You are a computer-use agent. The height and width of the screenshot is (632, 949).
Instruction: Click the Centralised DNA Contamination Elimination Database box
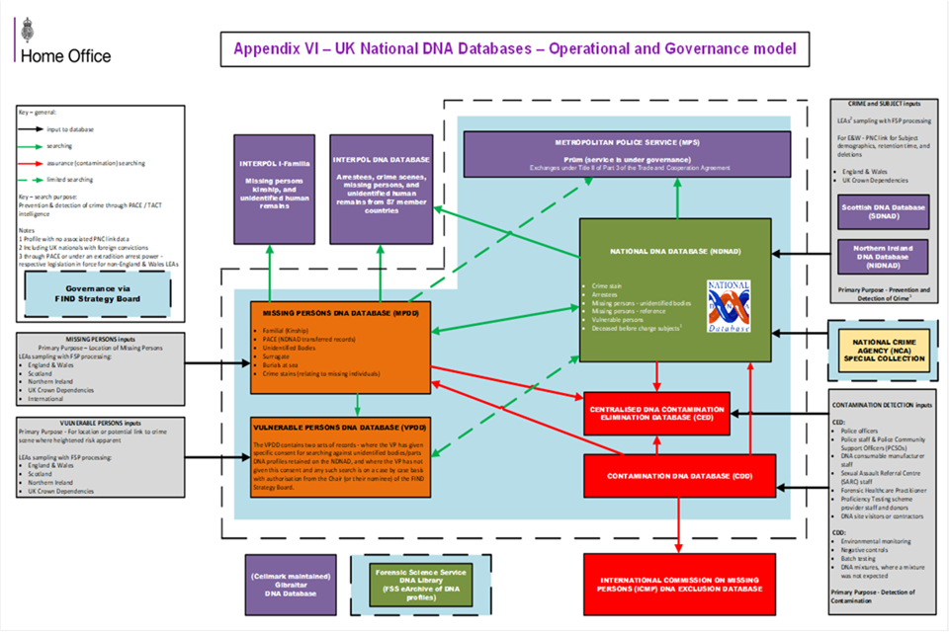(x=657, y=414)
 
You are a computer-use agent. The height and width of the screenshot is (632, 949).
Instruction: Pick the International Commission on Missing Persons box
(x=681, y=583)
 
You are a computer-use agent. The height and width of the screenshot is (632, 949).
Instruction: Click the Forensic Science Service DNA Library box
(x=406, y=585)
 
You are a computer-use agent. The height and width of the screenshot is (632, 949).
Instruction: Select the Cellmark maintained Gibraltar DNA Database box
(x=285, y=585)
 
